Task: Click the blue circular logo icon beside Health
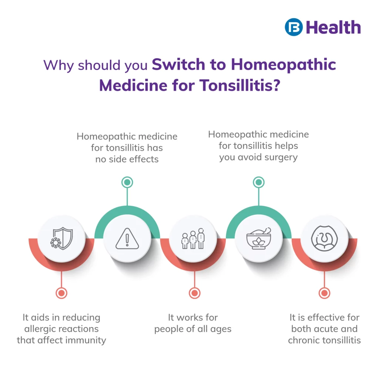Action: click(294, 27)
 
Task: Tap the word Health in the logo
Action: click(333, 27)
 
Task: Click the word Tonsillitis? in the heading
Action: click(240, 85)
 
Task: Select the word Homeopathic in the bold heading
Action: click(284, 65)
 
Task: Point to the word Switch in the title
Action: click(179, 64)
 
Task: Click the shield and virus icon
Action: click(61, 238)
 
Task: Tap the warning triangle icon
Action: click(127, 239)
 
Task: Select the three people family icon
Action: click(193, 239)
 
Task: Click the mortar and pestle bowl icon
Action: click(259, 239)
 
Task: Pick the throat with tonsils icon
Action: click(324, 238)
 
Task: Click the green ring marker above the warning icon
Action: click(127, 182)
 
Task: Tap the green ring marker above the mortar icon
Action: click(259, 182)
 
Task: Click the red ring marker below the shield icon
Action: click(61, 293)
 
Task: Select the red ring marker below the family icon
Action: click(195, 293)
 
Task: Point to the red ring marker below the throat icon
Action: click(324, 293)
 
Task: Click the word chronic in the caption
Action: click(303, 341)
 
